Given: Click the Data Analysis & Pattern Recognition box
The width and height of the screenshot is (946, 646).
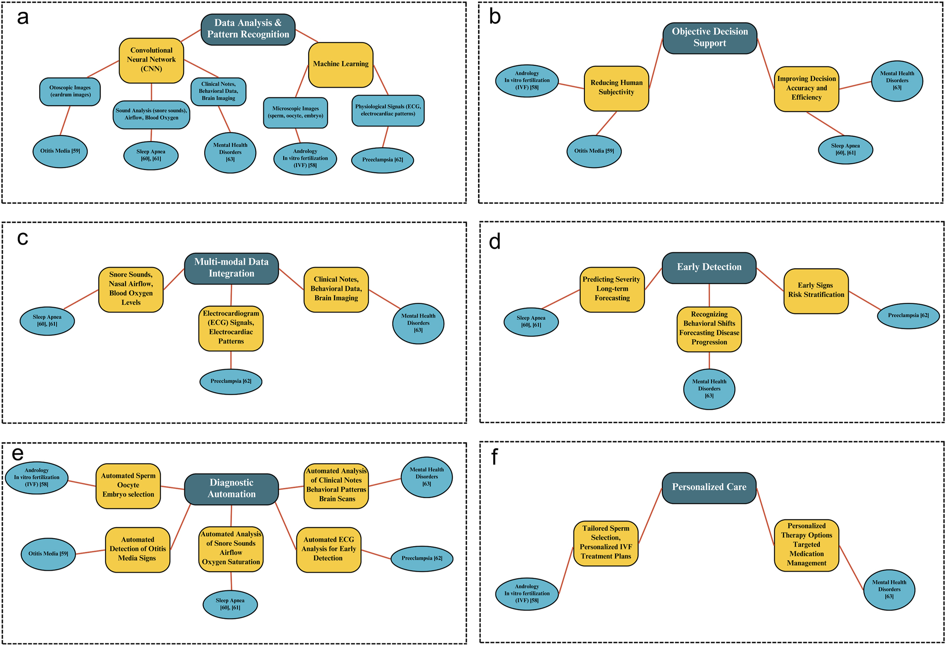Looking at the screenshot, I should point(248,29).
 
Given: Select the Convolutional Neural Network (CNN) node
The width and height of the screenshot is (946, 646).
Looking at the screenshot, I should point(151,60).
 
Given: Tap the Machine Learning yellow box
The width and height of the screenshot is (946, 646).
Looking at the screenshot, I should point(340,64).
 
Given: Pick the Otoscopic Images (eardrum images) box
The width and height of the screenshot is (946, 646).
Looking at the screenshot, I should point(70,91).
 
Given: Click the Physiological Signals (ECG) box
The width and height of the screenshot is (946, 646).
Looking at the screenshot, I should point(388,110).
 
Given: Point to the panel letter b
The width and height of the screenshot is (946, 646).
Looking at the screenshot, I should point(495,17).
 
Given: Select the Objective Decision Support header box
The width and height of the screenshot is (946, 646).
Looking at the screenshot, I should point(709,38).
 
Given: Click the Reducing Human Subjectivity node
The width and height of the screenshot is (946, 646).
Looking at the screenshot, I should point(616,88).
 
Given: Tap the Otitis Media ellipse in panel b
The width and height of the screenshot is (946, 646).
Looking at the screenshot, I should point(594,151).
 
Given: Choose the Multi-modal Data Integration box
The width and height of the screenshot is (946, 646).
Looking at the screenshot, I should point(231,268).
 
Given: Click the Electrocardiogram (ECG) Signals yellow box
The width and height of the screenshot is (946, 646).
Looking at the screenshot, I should point(231,327).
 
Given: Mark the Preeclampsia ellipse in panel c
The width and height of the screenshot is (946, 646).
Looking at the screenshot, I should point(231,381).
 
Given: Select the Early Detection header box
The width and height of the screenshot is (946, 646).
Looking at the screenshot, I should point(709,267).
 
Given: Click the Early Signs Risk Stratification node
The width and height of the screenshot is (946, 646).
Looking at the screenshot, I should point(816,291).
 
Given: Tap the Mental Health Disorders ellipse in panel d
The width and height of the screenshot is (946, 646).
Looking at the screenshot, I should point(709,389).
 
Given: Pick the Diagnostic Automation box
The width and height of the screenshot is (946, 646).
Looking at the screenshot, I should point(231,488).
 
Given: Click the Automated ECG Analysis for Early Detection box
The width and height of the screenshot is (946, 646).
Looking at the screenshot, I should point(329,549).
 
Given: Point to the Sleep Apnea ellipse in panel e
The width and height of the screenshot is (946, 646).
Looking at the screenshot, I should point(230,604).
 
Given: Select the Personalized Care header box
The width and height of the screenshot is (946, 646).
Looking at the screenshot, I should point(709,487).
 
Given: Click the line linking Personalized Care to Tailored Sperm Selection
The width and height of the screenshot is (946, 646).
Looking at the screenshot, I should point(650,516).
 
